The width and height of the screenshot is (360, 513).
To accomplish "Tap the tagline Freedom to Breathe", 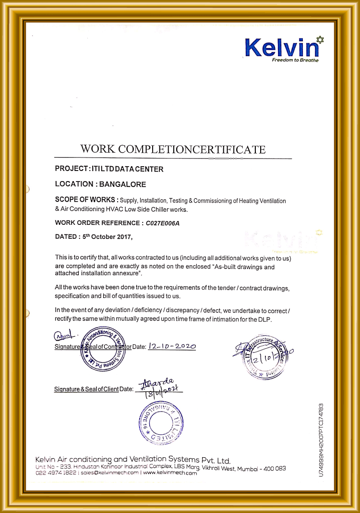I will coord(295,60).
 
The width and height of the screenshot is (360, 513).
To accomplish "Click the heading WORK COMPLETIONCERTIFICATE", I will coord(173,149).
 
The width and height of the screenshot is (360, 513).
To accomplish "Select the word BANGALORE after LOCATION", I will coord(122,184).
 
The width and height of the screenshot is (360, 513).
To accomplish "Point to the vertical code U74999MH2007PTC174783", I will coord(321,440).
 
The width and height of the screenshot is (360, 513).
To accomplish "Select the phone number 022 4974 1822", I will coord(56,473).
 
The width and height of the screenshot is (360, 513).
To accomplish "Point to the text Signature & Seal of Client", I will coord(86,389).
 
